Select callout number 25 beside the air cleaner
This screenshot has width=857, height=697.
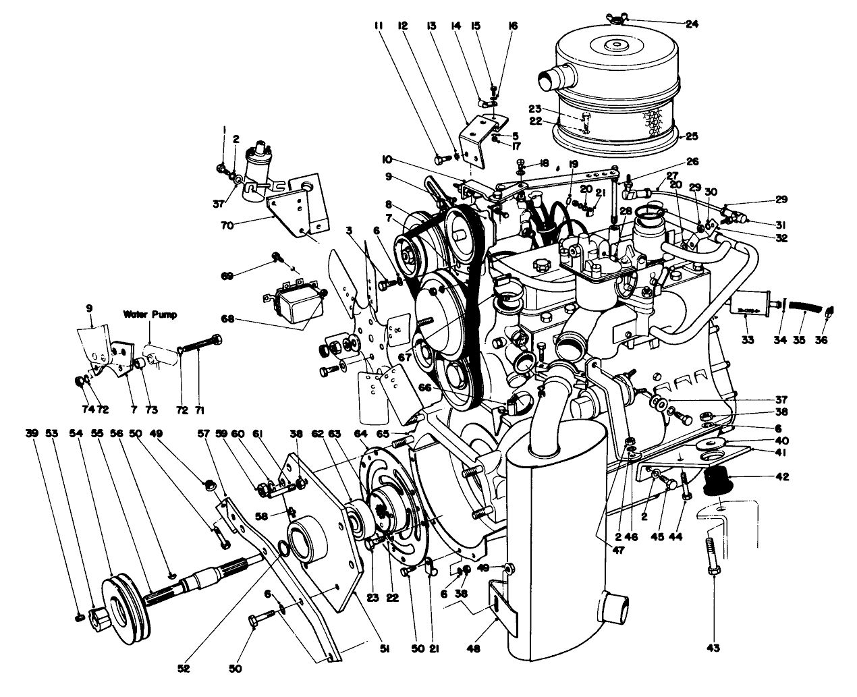click(691, 136)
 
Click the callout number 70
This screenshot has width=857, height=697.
click(226, 226)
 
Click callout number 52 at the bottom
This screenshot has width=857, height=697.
click(184, 669)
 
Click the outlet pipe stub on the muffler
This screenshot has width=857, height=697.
click(616, 603)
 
